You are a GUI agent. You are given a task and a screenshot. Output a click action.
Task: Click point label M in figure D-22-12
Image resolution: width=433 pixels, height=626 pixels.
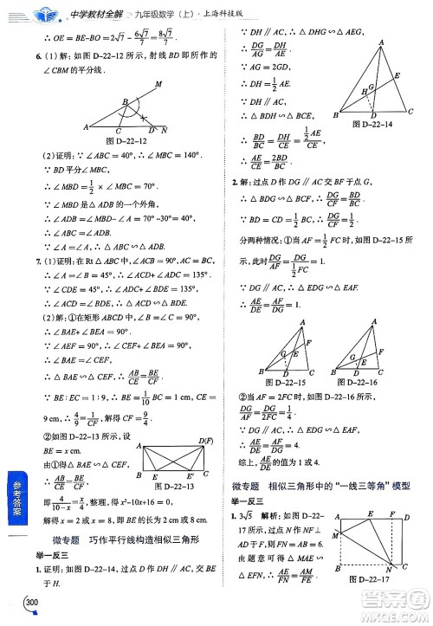click(158, 84)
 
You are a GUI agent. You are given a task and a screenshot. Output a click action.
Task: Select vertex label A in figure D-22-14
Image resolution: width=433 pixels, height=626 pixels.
click(382, 42)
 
